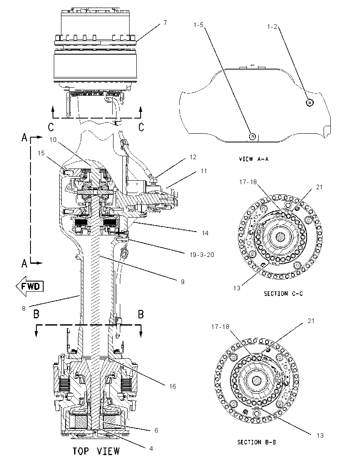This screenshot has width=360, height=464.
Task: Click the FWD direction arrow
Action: coord(30,286)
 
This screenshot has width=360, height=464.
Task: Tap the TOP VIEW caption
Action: coord(96,451)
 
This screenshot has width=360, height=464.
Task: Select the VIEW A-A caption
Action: coord(254,159)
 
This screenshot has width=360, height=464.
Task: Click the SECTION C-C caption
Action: coord(283,293)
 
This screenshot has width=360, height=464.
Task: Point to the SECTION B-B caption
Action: coord(257,442)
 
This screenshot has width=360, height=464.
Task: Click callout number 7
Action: coord(165,22)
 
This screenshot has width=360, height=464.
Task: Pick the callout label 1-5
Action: coord(198,25)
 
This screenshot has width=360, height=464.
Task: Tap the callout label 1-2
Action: coord(272,27)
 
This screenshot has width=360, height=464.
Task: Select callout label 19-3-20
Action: coord(202,254)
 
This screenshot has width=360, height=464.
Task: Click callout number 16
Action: coord(172,386)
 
